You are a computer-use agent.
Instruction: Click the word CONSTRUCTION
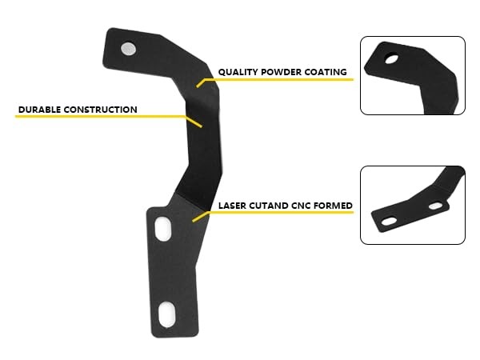click(x=100, y=110)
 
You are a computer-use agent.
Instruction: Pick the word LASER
click(x=233, y=206)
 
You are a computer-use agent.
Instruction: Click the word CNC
click(x=302, y=206)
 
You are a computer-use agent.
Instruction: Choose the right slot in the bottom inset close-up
click(x=434, y=206)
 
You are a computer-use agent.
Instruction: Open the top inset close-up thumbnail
click(x=412, y=75)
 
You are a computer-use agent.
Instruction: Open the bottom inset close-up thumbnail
click(x=412, y=205)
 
